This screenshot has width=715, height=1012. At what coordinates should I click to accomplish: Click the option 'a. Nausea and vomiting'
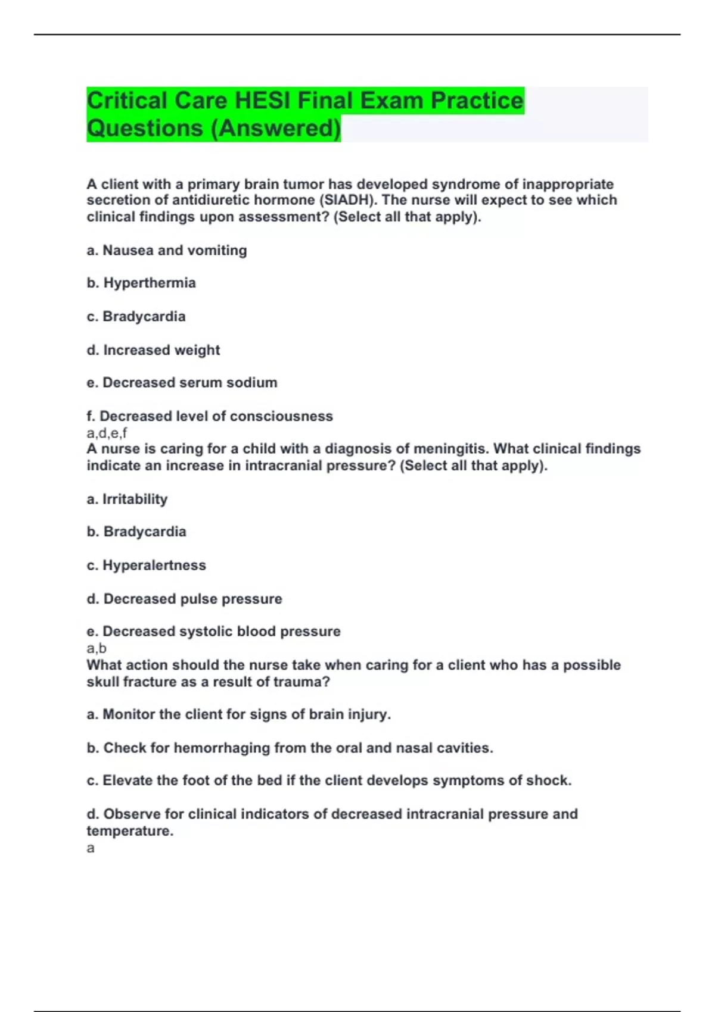[x=167, y=250]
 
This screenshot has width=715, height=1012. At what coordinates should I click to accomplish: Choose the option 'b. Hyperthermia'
[x=141, y=283]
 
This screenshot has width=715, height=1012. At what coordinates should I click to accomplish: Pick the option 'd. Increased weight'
[x=153, y=350]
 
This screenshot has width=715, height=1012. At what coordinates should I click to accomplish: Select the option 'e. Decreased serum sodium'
[x=182, y=383]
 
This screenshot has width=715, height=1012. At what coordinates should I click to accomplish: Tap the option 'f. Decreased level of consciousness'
[x=210, y=416]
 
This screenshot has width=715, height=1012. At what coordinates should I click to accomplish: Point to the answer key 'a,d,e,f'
[x=107, y=433]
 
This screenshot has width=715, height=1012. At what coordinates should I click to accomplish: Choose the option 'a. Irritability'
[x=127, y=499]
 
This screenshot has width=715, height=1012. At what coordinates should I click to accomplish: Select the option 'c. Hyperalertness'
[x=146, y=565]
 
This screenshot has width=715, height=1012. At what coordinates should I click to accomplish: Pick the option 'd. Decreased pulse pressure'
[x=184, y=599]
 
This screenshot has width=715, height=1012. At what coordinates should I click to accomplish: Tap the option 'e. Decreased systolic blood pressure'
[x=213, y=632]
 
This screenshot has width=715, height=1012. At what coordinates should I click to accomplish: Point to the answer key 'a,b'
[x=97, y=648]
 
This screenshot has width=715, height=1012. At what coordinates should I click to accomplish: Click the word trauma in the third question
[x=295, y=682]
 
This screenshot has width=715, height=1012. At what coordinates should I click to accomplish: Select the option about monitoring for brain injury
[x=238, y=714]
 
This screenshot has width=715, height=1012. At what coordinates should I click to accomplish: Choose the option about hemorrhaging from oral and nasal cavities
[x=290, y=748]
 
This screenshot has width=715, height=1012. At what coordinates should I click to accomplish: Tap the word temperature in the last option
[x=129, y=831]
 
